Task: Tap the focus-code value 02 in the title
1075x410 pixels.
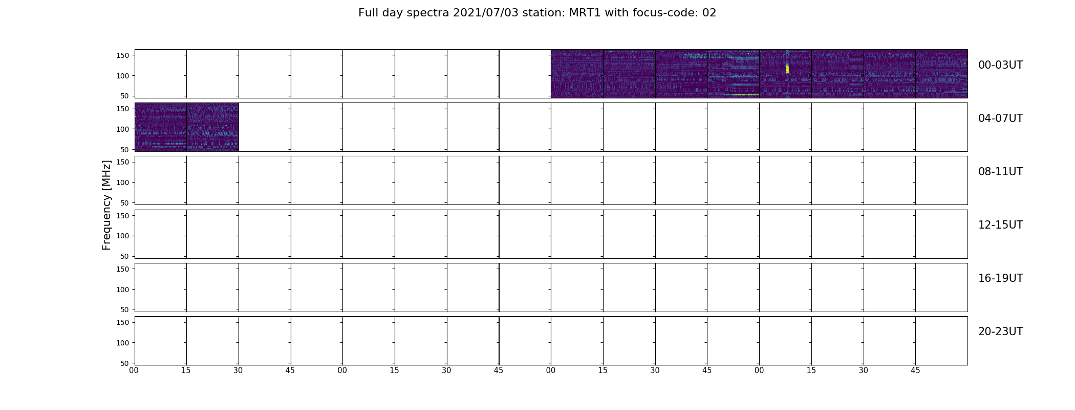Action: (709, 13)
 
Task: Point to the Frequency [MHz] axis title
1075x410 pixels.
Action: (106, 205)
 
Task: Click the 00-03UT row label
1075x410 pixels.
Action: (1000, 65)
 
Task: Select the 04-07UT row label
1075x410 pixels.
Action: (1000, 118)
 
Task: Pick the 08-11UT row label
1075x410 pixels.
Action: (1000, 172)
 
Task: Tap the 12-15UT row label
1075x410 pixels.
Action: (1000, 225)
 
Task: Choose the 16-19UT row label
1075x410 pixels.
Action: (1000, 278)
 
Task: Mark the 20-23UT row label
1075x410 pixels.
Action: (1000, 332)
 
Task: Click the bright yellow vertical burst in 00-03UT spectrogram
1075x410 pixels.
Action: (787, 68)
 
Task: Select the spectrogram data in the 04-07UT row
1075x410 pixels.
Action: (187, 127)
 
